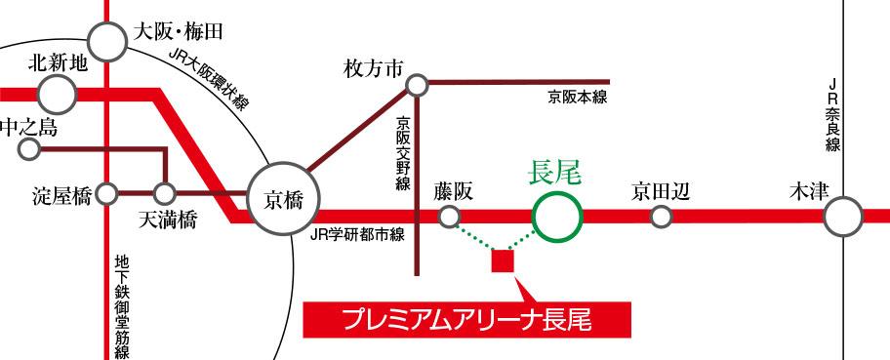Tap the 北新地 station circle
click(x=58, y=94)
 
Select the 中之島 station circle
click(x=29, y=149)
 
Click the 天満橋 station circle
click(x=165, y=194)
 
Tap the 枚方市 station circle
click(x=418, y=87)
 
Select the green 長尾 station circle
click(x=555, y=215)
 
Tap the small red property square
click(x=503, y=260)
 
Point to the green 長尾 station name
click(x=553, y=174)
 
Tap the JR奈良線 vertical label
click(x=831, y=117)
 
